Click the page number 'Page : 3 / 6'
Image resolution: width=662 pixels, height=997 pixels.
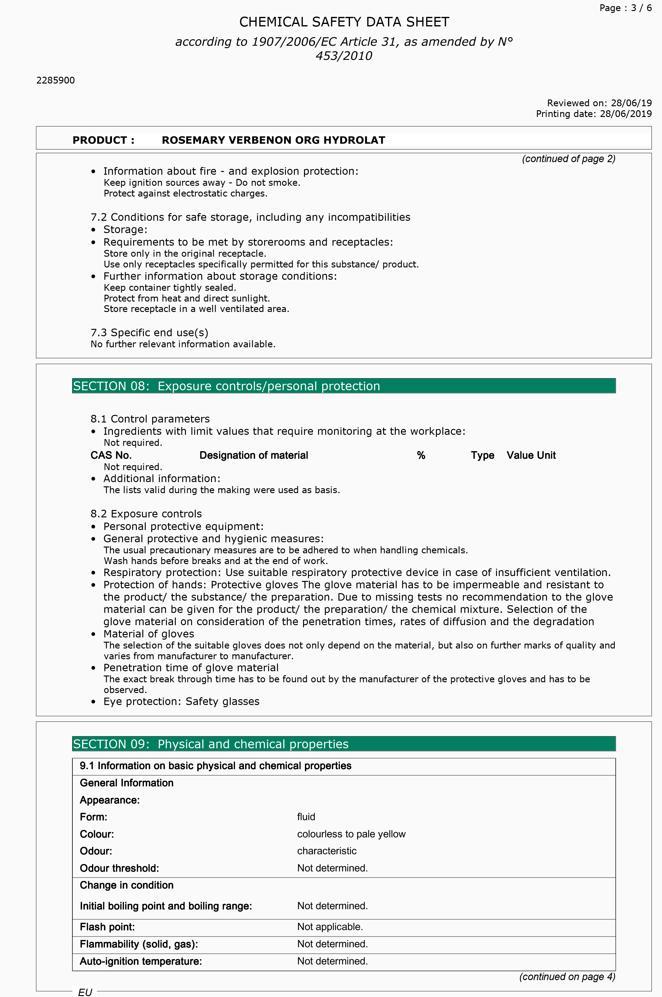click(x=625, y=8)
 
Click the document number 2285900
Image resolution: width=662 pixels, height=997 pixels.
click(x=55, y=80)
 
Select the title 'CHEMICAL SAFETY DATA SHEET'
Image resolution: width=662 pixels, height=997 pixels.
click(x=344, y=22)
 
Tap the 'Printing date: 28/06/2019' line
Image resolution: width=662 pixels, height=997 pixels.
click(x=594, y=114)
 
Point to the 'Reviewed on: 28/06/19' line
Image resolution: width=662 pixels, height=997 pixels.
click(x=599, y=103)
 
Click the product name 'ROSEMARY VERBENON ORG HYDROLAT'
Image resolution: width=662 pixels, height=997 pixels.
click(x=273, y=140)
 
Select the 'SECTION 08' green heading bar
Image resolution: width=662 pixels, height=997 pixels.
click(x=344, y=386)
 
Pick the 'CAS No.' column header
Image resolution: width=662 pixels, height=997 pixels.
click(x=111, y=455)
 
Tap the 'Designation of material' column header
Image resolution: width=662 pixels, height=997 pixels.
click(x=253, y=455)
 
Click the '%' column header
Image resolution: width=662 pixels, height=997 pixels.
click(x=421, y=455)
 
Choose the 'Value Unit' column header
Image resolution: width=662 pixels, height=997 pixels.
click(x=531, y=455)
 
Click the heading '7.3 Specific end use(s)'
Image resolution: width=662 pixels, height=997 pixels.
click(x=149, y=333)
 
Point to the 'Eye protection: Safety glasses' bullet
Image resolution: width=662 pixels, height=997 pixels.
click(x=181, y=701)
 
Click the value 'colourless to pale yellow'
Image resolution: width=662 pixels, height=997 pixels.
click(x=351, y=834)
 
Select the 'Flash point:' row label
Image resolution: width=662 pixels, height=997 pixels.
click(x=107, y=927)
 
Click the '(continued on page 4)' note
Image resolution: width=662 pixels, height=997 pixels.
click(x=567, y=976)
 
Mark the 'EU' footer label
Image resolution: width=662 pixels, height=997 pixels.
click(x=85, y=992)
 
